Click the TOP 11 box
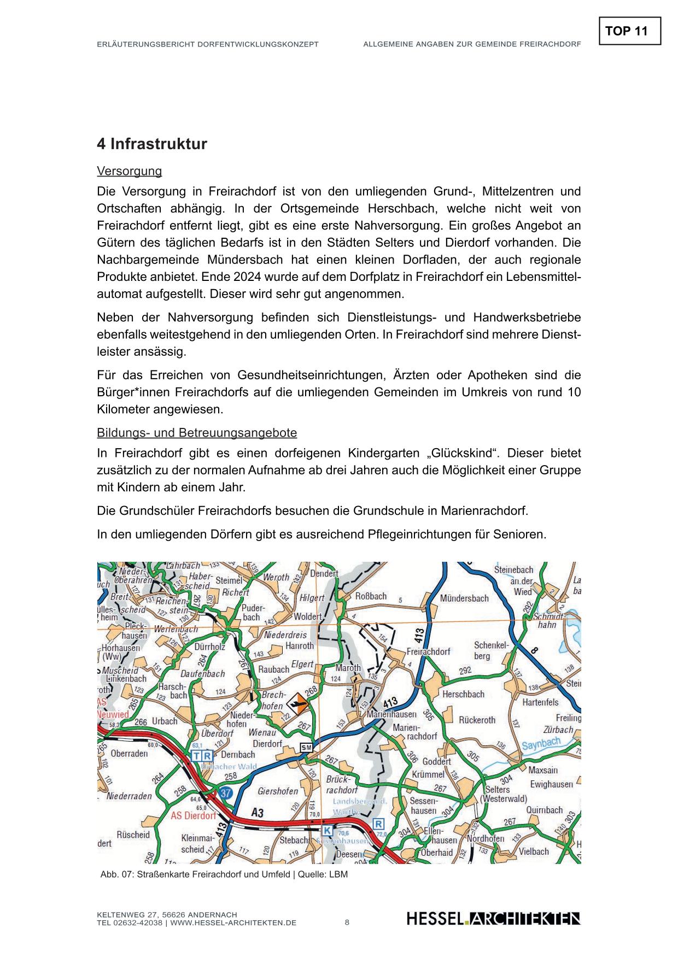[629, 31]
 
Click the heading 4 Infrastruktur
[152, 144]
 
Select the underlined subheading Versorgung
[129, 171]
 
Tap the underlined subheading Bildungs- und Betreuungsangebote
[197, 433]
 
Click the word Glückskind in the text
[459, 454]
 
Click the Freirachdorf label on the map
[428, 651]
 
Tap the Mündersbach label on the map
[464, 598]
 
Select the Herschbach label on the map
[463, 694]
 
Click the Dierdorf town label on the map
[267, 744]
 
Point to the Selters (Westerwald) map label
[502, 794]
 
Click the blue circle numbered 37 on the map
[225, 792]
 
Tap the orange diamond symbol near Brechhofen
[297, 703]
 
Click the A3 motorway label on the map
[258, 813]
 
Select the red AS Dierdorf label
[193, 816]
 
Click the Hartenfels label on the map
[540, 702]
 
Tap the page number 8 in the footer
[347, 922]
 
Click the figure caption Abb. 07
[224, 874]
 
